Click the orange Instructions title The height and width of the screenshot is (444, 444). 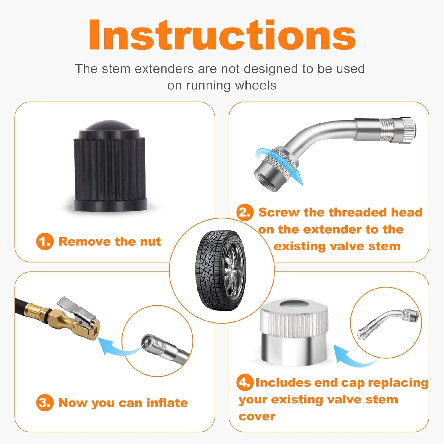pyautogui.click(x=222, y=35)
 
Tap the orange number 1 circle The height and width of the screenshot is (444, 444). pyautogui.click(x=45, y=242)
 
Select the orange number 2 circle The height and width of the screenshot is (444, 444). pyautogui.click(x=245, y=212)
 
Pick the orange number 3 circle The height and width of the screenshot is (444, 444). pyautogui.click(x=45, y=403)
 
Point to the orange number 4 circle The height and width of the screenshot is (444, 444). pyautogui.click(x=245, y=382)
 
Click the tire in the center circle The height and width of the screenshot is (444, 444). pyautogui.click(x=221, y=270)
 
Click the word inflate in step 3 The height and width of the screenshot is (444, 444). pyautogui.click(x=167, y=403)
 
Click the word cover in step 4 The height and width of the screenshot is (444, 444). pyautogui.click(x=257, y=416)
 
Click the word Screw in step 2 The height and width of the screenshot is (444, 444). pyautogui.click(x=279, y=213)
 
